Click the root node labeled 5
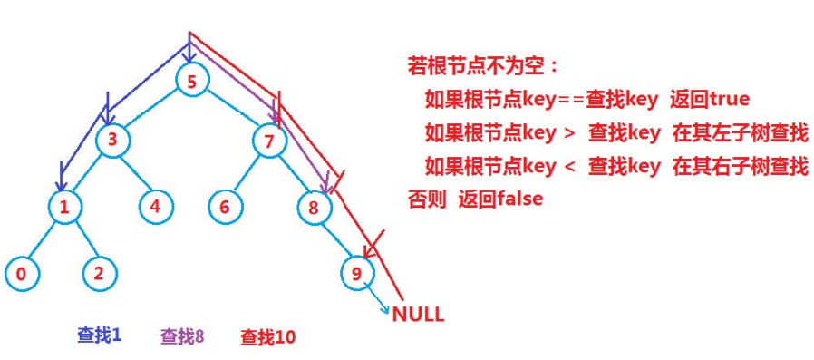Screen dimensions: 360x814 tap(191, 81)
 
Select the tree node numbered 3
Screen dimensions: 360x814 tap(112, 141)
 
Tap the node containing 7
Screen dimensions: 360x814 tap(269, 141)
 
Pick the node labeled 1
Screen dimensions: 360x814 tap(64, 207)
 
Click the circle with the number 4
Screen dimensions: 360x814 tap(155, 207)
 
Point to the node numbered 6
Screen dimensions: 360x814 tap(224, 207)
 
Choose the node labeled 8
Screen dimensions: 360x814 tap(314, 207)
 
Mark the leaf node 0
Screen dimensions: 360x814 tap(20, 271)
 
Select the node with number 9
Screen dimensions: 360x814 tap(357, 271)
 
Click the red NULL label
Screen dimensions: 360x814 tap(418, 316)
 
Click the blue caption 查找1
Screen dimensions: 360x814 tap(100, 336)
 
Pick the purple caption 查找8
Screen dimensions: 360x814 tap(182, 336)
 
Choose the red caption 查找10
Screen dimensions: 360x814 tap(267, 337)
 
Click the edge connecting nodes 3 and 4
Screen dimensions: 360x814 tap(134, 174)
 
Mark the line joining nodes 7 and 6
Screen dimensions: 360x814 tap(247, 174)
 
